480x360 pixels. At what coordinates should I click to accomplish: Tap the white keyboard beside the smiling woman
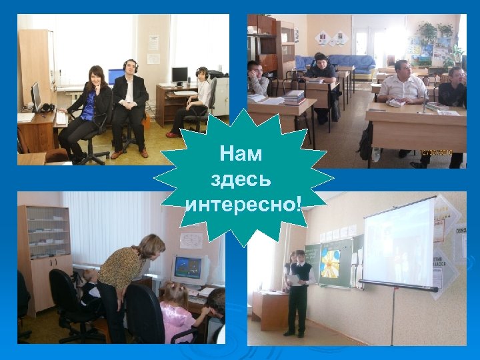(62, 117)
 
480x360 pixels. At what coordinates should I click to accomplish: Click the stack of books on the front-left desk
(293, 97)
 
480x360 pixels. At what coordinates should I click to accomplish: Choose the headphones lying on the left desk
(46, 108)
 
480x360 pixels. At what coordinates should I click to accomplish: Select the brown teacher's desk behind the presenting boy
(270, 310)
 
